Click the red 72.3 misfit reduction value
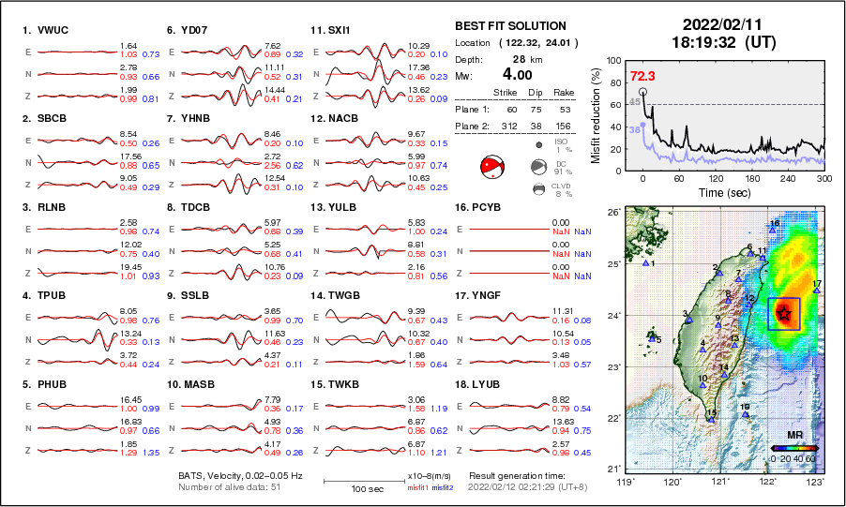(x=642, y=75)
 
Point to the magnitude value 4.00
(x=520, y=74)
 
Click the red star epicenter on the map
(x=783, y=314)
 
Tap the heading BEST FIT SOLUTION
(x=510, y=26)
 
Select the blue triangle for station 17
(x=817, y=291)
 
